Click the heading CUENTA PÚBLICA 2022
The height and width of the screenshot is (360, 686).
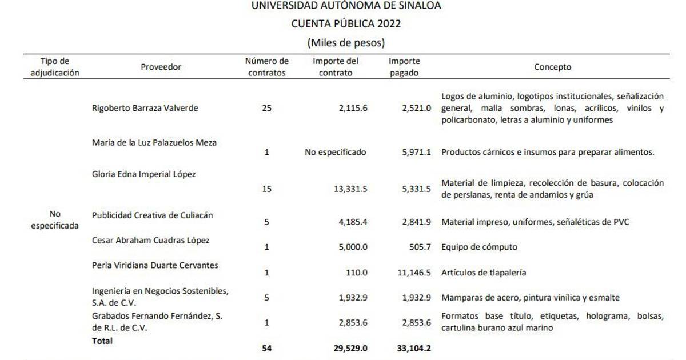tap(346, 24)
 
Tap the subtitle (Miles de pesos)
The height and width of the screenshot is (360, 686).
tap(346, 42)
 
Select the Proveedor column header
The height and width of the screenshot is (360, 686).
tap(161, 67)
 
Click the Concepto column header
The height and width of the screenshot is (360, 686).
tap(552, 67)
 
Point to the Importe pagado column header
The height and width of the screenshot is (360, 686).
tap(404, 67)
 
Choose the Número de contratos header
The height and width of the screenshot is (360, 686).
tap(266, 67)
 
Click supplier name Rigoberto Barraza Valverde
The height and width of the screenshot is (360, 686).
tap(145, 108)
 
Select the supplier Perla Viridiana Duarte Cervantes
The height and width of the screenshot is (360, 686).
tap(155, 265)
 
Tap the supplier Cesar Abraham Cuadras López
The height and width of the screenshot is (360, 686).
tap(150, 240)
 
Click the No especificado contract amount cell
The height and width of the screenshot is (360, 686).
tap(336, 153)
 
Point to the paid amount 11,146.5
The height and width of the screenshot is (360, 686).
tap(414, 273)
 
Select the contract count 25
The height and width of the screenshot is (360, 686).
tap(266, 108)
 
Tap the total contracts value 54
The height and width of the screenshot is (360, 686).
tap(266, 348)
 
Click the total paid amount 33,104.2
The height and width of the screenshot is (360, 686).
tap(413, 348)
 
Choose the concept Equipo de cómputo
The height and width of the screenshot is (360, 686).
tap(479, 247)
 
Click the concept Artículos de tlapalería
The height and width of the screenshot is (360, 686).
tap(484, 273)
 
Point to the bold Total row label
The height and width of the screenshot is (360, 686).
tap(102, 341)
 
